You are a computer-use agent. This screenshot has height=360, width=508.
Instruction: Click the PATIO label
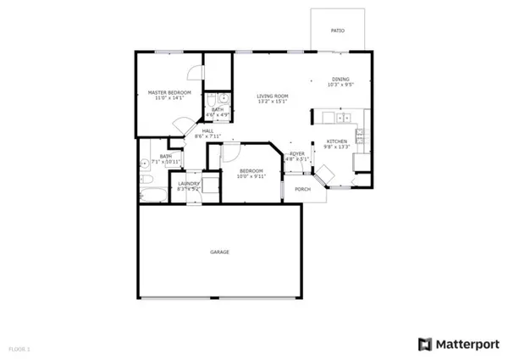point(337,30)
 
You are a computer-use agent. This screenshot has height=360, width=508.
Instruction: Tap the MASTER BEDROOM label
point(169,92)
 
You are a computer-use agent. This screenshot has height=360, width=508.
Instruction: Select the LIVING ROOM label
point(273,96)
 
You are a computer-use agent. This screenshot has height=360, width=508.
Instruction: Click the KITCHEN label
point(337,141)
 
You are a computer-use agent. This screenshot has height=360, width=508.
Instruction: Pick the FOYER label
point(295,153)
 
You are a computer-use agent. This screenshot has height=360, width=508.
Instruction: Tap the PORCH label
point(303,189)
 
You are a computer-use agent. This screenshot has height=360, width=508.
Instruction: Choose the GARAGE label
point(220,252)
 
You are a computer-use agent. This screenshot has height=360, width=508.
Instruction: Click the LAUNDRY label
point(188,184)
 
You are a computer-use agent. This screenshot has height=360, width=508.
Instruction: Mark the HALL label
point(207,130)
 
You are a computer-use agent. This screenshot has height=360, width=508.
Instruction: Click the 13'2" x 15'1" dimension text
point(273,102)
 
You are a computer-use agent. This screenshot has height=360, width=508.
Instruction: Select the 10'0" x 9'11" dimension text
point(251,176)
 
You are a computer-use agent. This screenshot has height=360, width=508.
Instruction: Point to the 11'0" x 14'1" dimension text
point(169,98)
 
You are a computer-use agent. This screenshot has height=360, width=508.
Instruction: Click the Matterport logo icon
point(424,344)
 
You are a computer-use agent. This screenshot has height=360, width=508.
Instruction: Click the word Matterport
point(467,344)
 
